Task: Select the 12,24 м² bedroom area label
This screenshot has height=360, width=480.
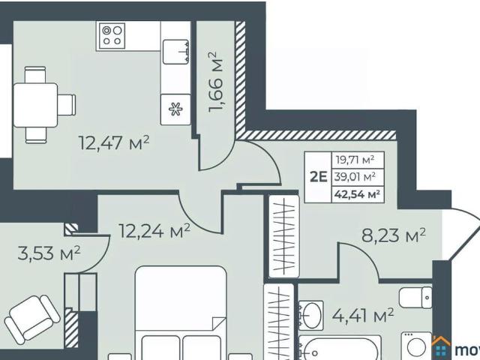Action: [154, 231]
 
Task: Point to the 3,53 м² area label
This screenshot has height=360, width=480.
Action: [49, 253]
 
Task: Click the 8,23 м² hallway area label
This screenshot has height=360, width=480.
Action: [394, 236]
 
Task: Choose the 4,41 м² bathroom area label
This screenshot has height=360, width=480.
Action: [363, 316]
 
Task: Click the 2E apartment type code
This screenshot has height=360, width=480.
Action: [318, 177]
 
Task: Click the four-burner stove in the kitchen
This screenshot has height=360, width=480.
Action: [112, 35]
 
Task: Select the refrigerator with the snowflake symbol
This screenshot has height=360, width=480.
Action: [175, 109]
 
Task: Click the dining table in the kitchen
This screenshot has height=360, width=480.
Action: [34, 103]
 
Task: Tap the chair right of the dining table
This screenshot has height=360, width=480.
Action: [67, 103]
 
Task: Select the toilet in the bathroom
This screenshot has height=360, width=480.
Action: [416, 297]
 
